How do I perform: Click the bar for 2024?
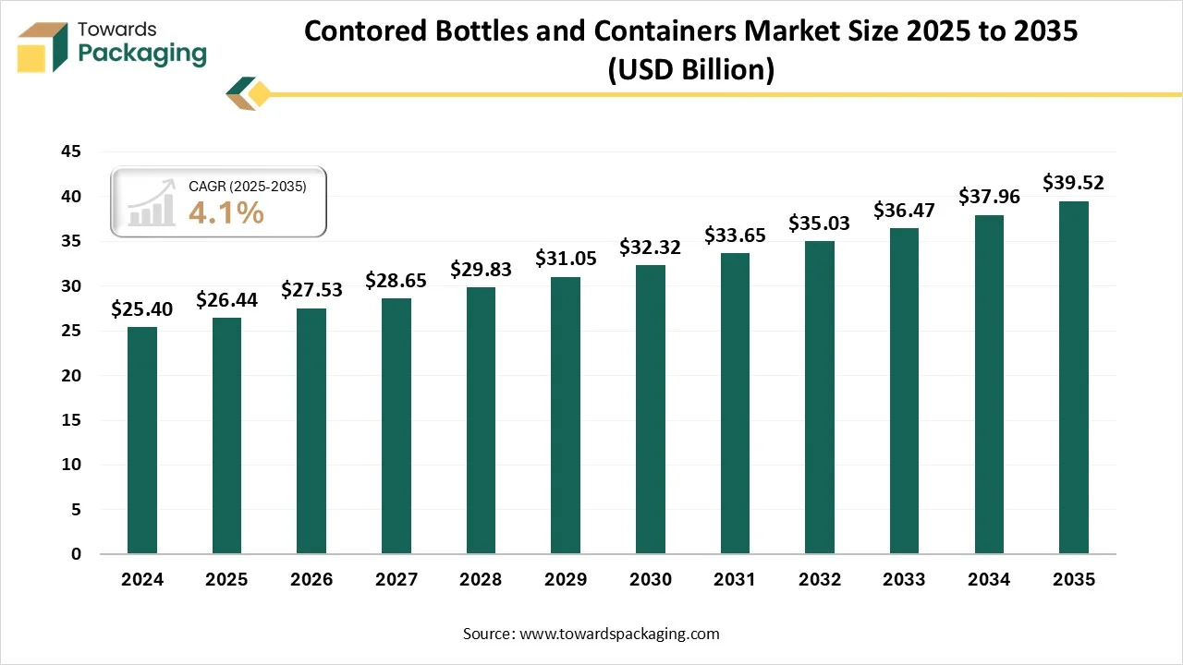click(x=141, y=441)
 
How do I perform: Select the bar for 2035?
click(x=1073, y=378)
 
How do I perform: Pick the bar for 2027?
click(x=396, y=426)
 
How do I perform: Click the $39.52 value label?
click(x=1073, y=183)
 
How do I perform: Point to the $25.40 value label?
click(x=141, y=309)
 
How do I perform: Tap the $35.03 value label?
click(x=819, y=224)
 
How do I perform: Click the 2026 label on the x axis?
click(x=311, y=580)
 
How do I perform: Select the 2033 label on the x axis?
click(x=904, y=580)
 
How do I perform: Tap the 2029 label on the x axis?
click(x=566, y=580)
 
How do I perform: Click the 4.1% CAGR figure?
click(x=226, y=213)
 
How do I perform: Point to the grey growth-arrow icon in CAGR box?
click(x=152, y=203)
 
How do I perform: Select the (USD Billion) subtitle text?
click(x=690, y=69)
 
